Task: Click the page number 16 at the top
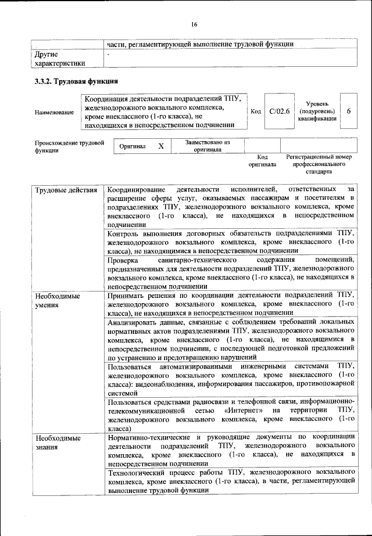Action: coord(194,24)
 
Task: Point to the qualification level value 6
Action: coord(348,110)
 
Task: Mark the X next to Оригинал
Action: coord(161,147)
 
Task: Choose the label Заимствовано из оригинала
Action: coord(208,145)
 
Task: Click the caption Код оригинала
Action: coord(262,161)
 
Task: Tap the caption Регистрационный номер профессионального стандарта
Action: coord(319,164)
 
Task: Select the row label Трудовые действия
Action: coord(62,190)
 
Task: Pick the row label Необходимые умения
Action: coord(57,300)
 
